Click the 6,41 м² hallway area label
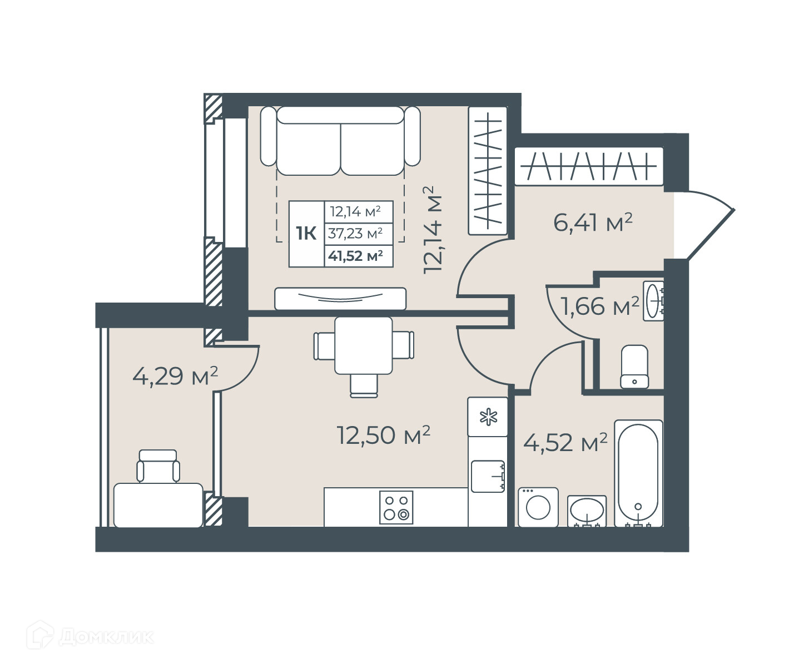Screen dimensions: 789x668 point(593,222)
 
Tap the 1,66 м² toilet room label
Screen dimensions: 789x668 point(599,306)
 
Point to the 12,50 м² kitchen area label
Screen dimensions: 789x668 point(383,435)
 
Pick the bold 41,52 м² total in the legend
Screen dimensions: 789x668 point(355,255)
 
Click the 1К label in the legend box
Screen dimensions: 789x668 point(306,234)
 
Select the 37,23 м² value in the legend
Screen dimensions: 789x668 point(355,233)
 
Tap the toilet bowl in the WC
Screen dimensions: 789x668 point(634,367)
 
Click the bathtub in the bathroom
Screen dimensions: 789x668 point(638,473)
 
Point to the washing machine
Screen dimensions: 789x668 point(538,508)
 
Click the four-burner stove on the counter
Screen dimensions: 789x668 point(396,508)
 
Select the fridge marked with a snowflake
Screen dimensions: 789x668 point(488,417)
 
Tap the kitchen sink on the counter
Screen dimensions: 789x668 point(488,476)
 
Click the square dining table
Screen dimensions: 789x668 point(364,345)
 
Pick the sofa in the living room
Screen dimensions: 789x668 point(340,141)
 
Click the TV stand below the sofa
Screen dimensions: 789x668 point(340,299)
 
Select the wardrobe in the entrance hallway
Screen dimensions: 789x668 point(589,166)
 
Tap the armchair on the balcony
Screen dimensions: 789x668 point(158,466)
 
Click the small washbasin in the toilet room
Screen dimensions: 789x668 point(653,301)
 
